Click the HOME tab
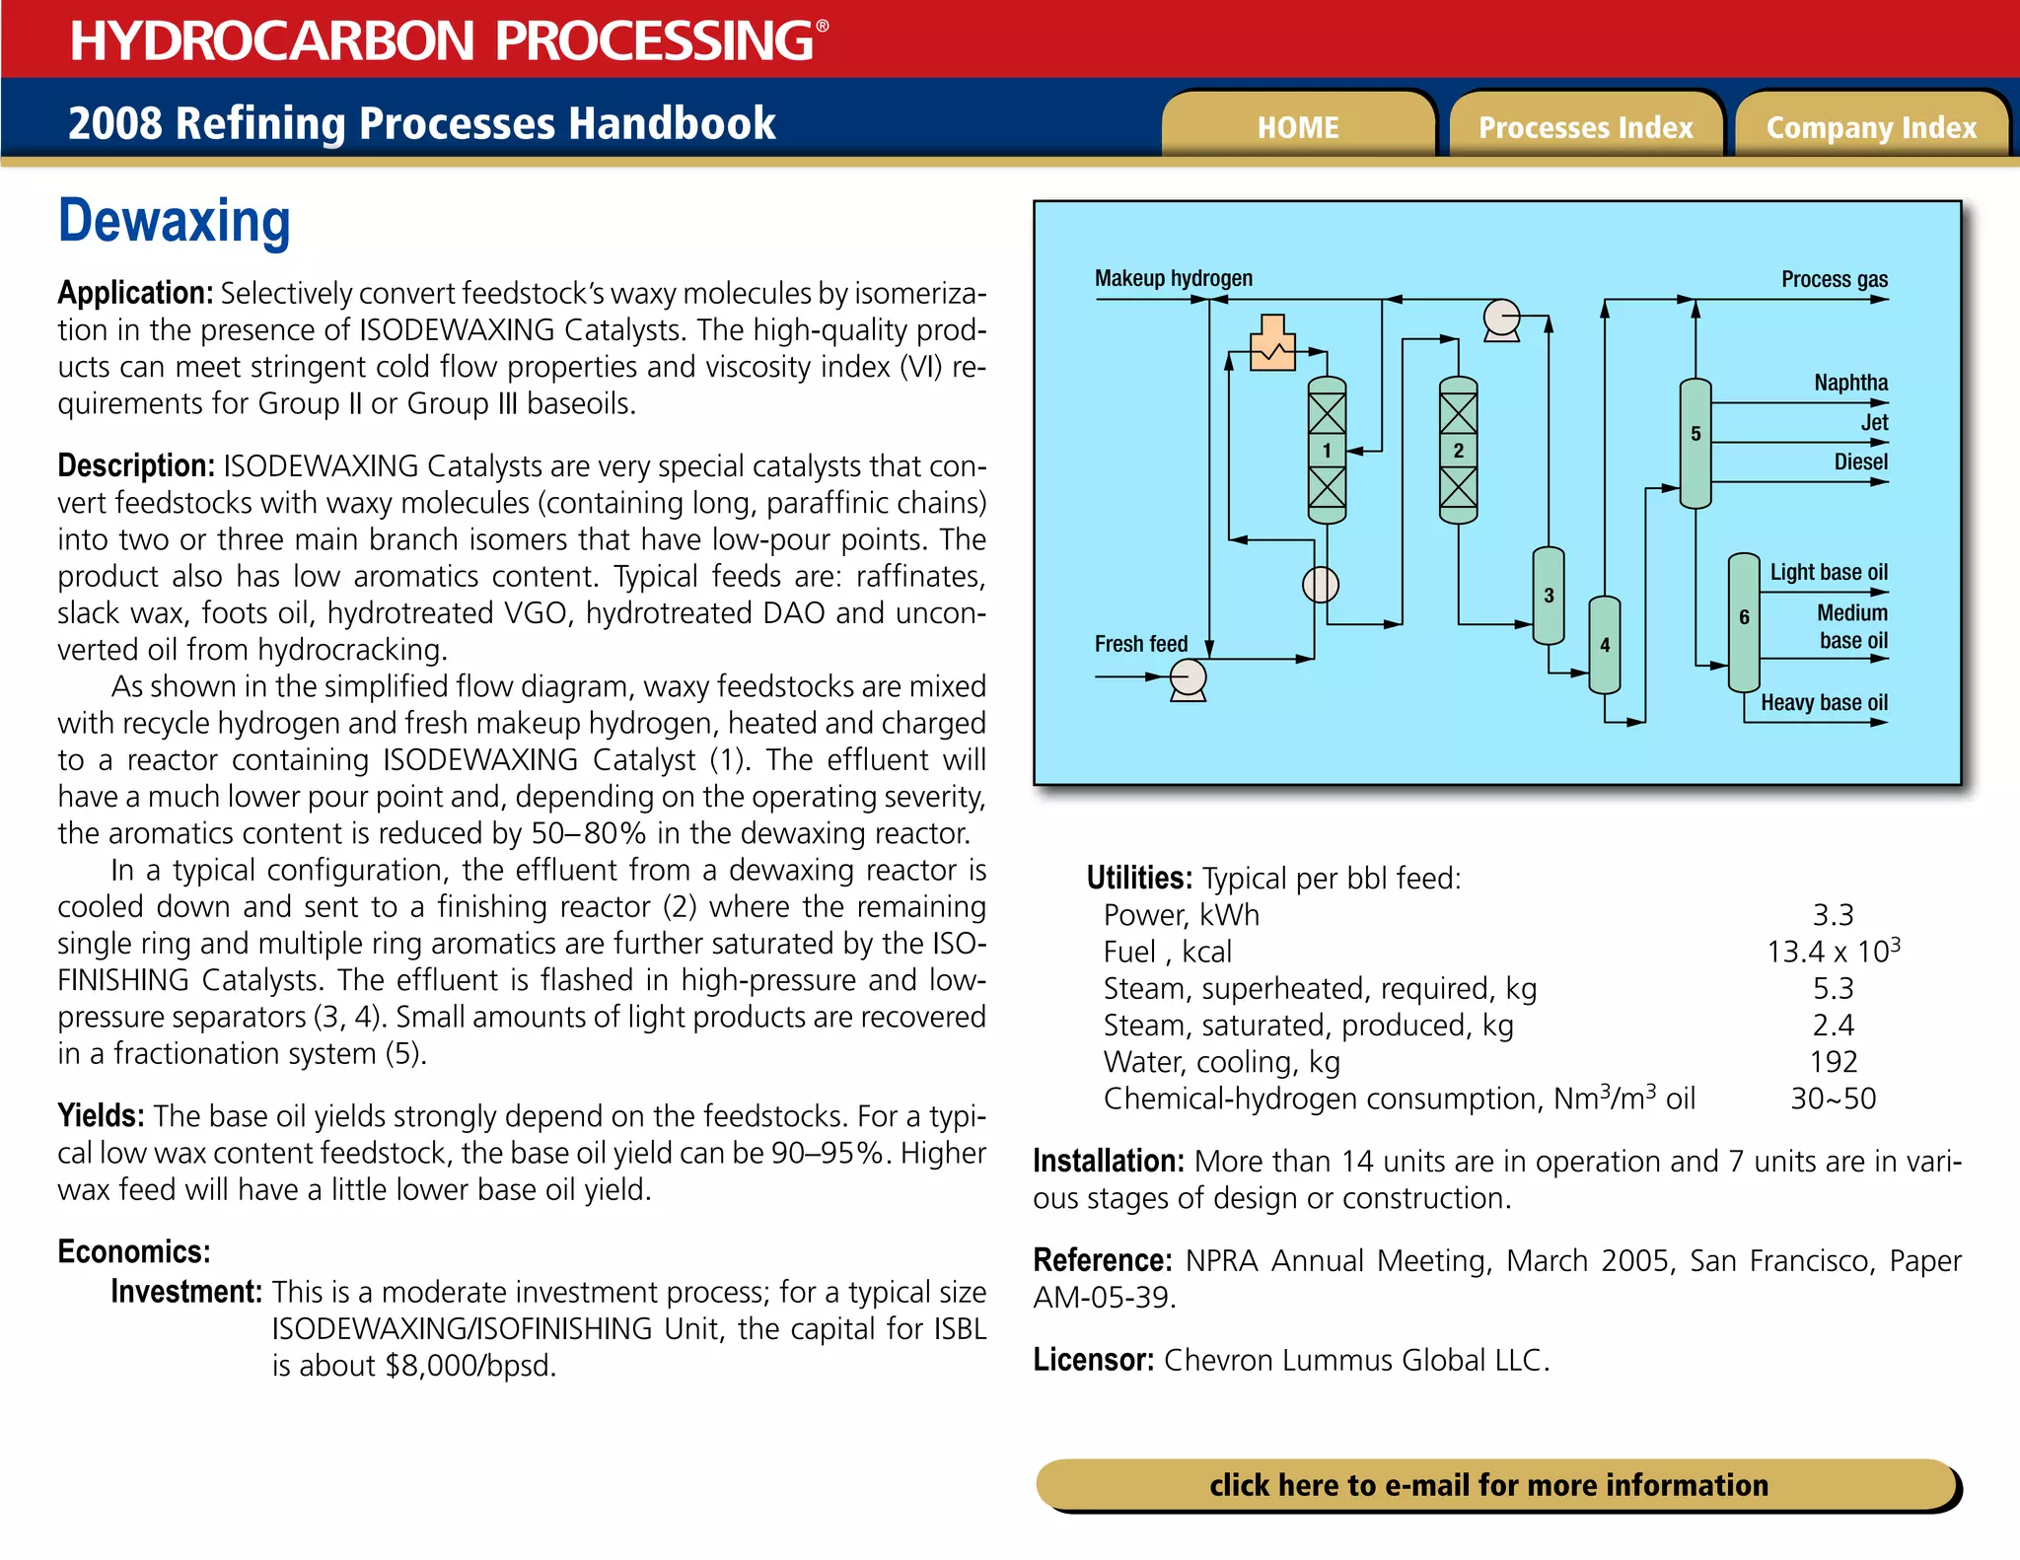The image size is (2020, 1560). click(1298, 127)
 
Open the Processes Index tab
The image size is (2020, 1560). click(1585, 127)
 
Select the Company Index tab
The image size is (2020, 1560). click(1871, 127)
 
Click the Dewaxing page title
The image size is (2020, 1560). click(175, 221)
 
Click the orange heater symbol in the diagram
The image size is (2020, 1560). click(1271, 344)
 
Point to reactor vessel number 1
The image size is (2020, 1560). click(1327, 451)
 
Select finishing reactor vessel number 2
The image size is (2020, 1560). click(1458, 451)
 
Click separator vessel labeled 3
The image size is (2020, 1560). click(1549, 596)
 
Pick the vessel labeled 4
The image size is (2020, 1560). click(1605, 645)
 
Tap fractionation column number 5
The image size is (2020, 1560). click(1695, 443)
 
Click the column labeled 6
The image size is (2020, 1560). click(1744, 621)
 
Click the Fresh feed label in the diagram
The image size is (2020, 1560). click(1141, 644)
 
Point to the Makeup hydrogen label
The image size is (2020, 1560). click(1173, 279)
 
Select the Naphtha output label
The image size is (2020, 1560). click(1850, 383)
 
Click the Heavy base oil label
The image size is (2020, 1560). click(1824, 703)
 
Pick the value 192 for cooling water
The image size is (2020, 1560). click(1833, 1062)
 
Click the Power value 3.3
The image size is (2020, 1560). click(1833, 915)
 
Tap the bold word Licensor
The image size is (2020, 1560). click(1093, 1361)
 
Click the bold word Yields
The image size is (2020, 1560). click(101, 1116)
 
